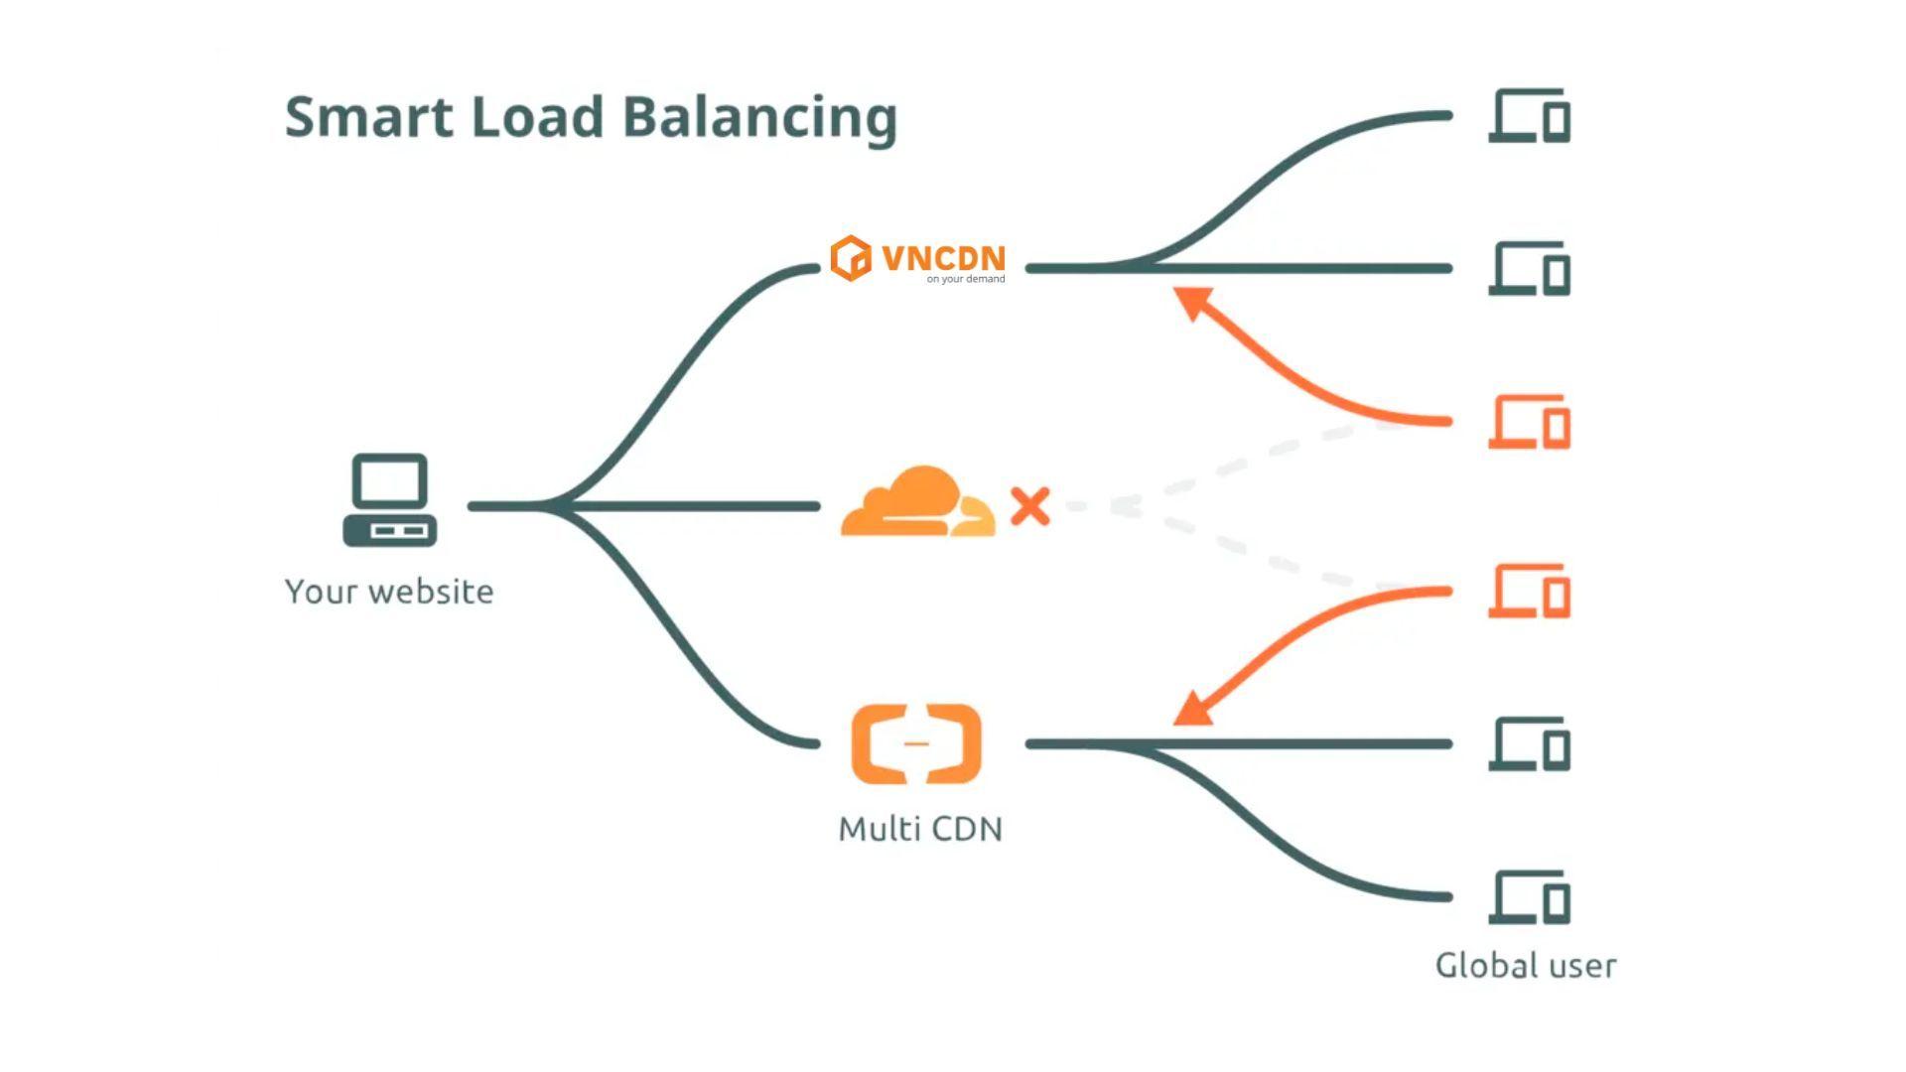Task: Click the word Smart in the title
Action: point(368,117)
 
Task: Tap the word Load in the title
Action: point(537,117)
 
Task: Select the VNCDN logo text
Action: point(943,258)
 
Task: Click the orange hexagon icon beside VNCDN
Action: point(851,258)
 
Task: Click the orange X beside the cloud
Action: point(1030,506)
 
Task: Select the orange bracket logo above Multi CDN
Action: point(916,743)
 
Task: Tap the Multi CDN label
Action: point(920,829)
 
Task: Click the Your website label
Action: point(389,592)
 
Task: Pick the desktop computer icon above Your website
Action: point(390,500)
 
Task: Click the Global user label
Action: point(1526,966)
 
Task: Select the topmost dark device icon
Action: point(1529,116)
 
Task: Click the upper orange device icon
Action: point(1529,422)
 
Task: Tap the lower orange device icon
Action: point(1529,592)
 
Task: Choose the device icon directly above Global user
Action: point(1529,897)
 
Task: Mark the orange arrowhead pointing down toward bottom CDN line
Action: point(1192,710)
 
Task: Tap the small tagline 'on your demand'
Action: point(965,279)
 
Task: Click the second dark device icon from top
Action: point(1529,269)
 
